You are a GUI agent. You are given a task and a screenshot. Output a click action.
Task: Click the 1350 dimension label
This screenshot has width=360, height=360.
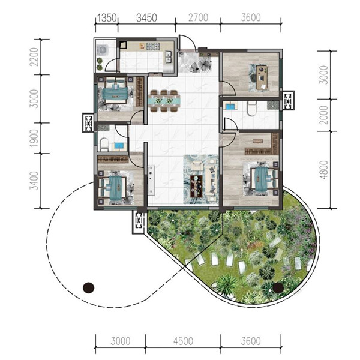[x=107, y=17]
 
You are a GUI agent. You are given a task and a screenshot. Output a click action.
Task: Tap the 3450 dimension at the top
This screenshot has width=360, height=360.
[x=146, y=17]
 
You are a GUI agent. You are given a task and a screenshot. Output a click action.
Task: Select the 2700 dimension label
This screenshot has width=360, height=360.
[x=198, y=17]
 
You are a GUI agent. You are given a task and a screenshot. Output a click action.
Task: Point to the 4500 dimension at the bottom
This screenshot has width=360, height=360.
[x=184, y=341]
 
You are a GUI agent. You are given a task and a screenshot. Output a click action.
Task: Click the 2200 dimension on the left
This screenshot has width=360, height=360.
[x=34, y=57]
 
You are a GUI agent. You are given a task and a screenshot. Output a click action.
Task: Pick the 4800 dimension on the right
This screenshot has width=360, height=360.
[x=324, y=170]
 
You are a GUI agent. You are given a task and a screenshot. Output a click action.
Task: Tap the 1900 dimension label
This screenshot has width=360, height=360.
[x=34, y=138]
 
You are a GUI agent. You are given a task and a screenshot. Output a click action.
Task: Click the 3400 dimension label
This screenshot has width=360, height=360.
[x=34, y=181]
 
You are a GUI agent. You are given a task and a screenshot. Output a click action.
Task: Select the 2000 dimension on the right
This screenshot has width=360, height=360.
[x=324, y=115]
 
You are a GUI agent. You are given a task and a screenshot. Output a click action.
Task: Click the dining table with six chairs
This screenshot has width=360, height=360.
[x=164, y=101]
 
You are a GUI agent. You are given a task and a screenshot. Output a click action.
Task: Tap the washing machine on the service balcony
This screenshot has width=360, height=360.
[x=103, y=50]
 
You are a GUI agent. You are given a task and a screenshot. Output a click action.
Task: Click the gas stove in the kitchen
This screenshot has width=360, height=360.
[x=152, y=46]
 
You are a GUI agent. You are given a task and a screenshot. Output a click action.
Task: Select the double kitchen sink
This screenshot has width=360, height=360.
[x=168, y=57]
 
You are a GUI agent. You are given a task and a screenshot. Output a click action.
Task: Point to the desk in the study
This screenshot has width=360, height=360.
[x=262, y=77]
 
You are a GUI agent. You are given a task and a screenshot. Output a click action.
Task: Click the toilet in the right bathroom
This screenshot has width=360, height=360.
[x=252, y=108]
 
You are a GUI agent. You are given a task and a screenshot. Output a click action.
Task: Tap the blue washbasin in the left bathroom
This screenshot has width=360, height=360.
[x=119, y=145]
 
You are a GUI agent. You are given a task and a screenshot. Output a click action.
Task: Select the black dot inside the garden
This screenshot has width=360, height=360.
[x=278, y=287]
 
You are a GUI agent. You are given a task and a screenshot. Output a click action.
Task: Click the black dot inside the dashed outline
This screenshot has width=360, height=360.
[x=88, y=287]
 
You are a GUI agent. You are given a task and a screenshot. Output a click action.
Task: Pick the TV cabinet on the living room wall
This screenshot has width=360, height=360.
[x=151, y=180]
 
